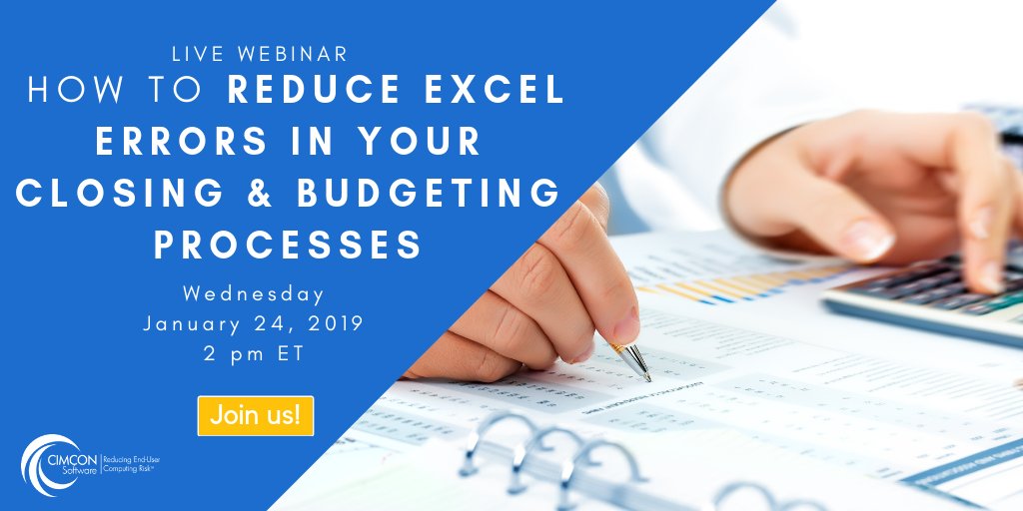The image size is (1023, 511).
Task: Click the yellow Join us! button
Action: point(256,415)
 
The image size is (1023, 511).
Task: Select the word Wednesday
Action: point(254,294)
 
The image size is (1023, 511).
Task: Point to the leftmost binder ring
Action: point(490,444)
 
